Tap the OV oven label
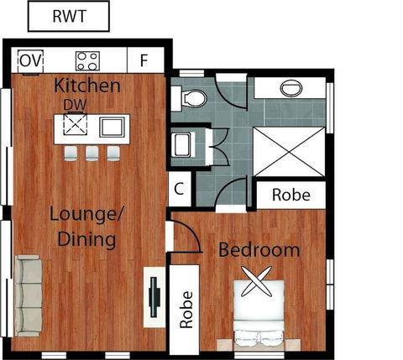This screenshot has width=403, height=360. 29,60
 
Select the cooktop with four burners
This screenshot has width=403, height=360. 87,60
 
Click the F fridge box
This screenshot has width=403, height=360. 144,60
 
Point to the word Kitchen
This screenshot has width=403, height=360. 86,86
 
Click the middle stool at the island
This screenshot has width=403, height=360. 92,154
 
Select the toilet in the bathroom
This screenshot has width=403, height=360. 193,97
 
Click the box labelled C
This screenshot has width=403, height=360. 178,189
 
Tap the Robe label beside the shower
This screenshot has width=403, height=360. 290,196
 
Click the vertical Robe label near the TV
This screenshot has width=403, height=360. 186,310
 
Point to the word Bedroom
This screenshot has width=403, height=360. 259,250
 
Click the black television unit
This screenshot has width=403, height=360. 155,295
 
